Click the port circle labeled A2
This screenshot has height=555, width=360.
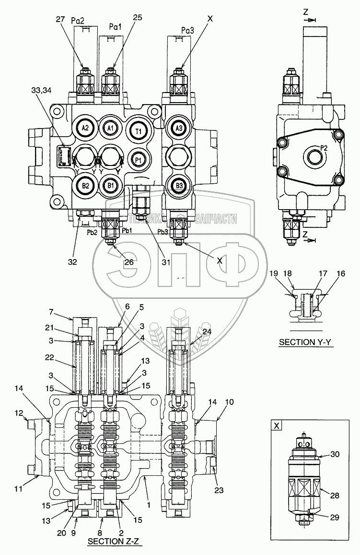(x=85, y=128)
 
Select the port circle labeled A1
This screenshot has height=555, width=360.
(x=110, y=128)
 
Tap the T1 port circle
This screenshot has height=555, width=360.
(x=138, y=130)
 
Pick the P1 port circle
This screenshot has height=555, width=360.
(x=138, y=160)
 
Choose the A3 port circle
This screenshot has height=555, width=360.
(x=179, y=128)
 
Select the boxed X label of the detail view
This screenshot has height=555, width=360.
(x=277, y=425)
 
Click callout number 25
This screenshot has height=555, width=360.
(x=138, y=18)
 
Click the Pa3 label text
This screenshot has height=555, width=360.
(x=188, y=30)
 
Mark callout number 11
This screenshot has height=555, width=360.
(x=19, y=490)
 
